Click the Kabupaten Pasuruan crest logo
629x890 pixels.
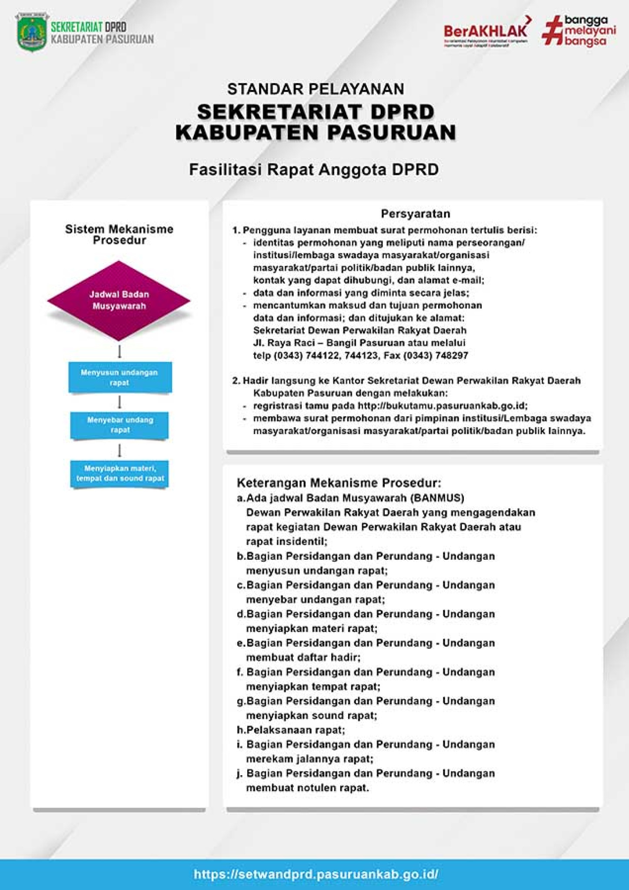pyautogui.click(x=32, y=33)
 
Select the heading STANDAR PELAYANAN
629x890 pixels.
pyautogui.click(x=316, y=89)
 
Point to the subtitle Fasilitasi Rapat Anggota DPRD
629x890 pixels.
pyautogui.click(x=314, y=169)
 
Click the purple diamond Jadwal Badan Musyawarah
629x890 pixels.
pyautogui.click(x=119, y=300)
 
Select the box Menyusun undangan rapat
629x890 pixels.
pyautogui.click(x=120, y=378)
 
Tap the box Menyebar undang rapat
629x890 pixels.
pyautogui.click(x=120, y=425)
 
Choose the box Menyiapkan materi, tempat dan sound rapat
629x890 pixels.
pyautogui.click(x=120, y=473)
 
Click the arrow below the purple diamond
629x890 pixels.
pyautogui.click(x=120, y=351)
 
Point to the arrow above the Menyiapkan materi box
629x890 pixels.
pyautogui.click(x=120, y=450)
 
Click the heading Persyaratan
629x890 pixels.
pyautogui.click(x=415, y=214)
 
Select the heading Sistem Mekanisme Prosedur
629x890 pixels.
pyautogui.click(x=119, y=235)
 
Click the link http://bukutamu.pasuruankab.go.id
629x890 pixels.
pyautogui.click(x=442, y=406)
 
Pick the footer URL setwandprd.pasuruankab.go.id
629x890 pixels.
pyautogui.click(x=316, y=874)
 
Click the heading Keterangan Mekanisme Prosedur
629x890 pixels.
pyautogui.click(x=339, y=483)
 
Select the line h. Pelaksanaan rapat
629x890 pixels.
pyautogui.click(x=291, y=730)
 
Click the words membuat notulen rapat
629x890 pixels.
pyautogui.click(x=307, y=788)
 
